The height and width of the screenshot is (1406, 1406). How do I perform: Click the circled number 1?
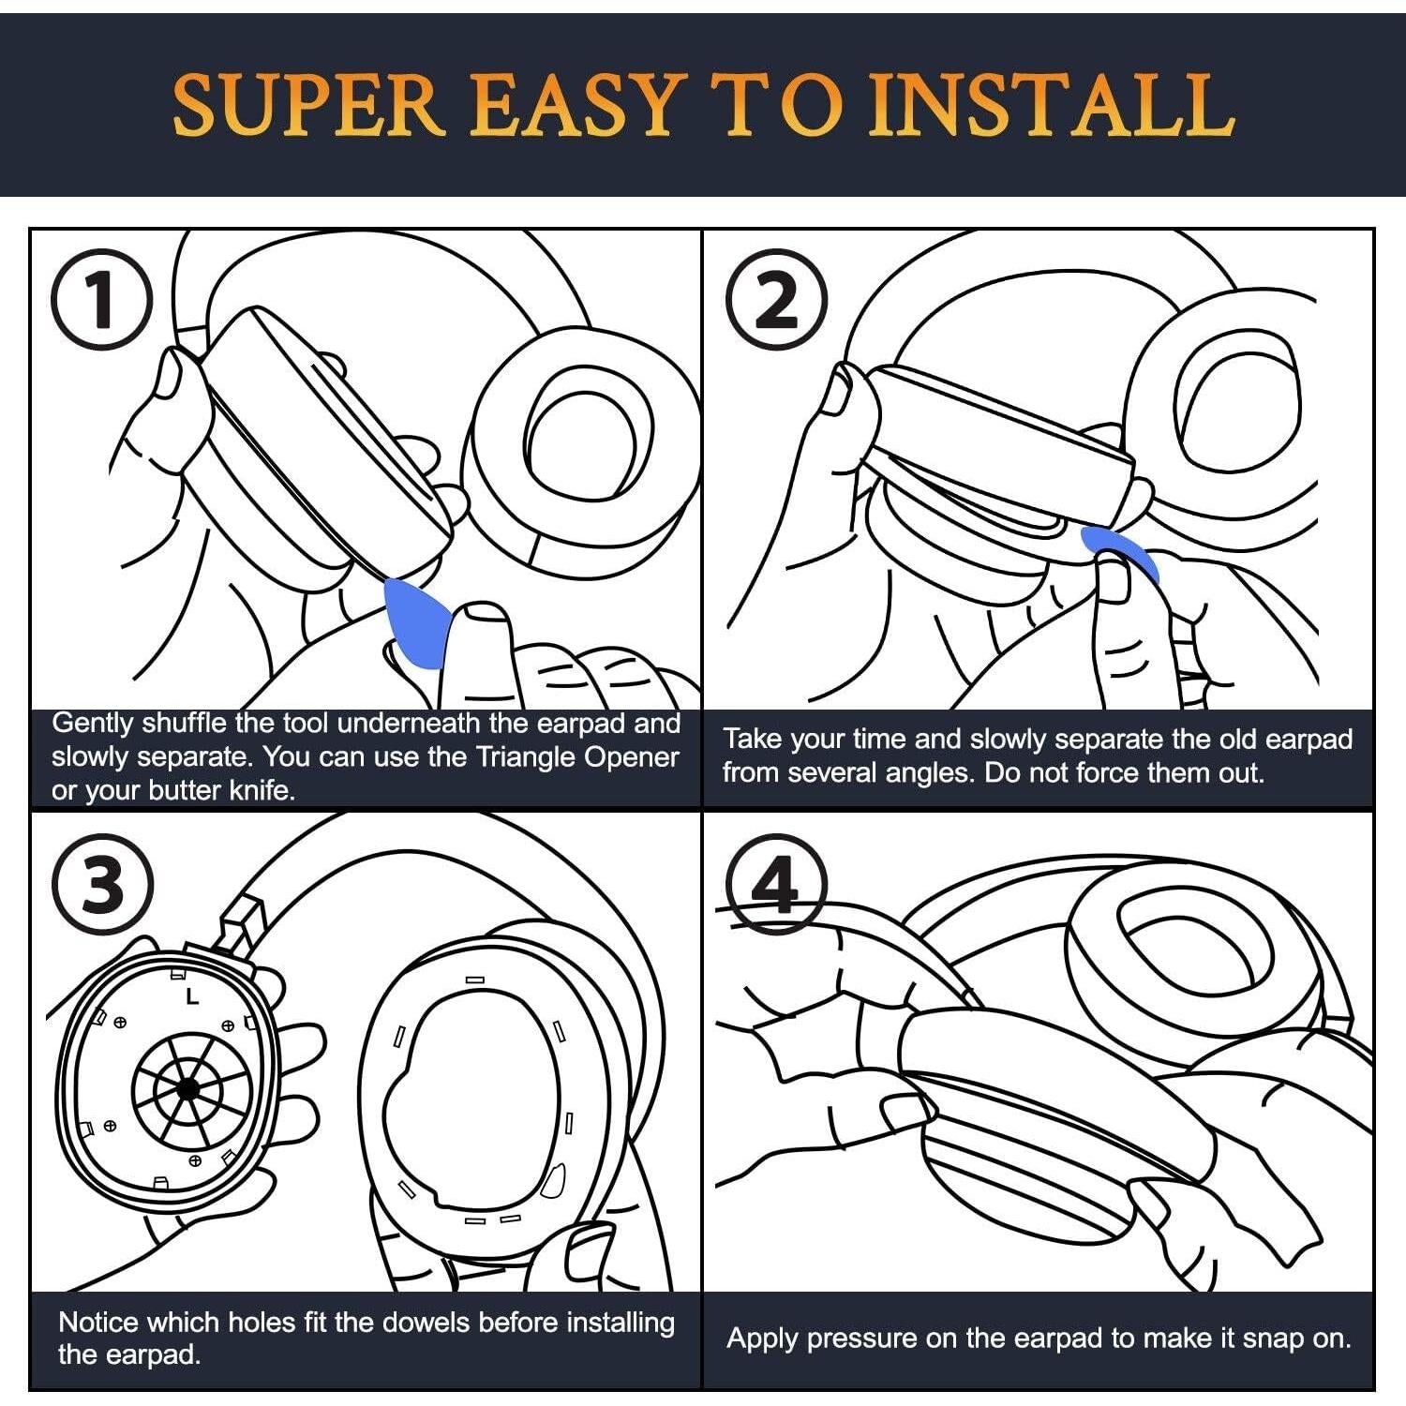coord(102,300)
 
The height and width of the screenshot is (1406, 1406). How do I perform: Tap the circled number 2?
coord(777,300)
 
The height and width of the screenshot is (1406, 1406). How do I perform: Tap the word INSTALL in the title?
coord(1050,105)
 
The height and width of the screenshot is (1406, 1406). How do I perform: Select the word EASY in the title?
coord(573,105)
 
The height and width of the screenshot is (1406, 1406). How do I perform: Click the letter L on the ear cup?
coord(192,996)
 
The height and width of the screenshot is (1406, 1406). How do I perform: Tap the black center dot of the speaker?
coord(187,1088)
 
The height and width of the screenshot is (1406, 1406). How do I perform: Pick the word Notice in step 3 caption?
coord(99,1323)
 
